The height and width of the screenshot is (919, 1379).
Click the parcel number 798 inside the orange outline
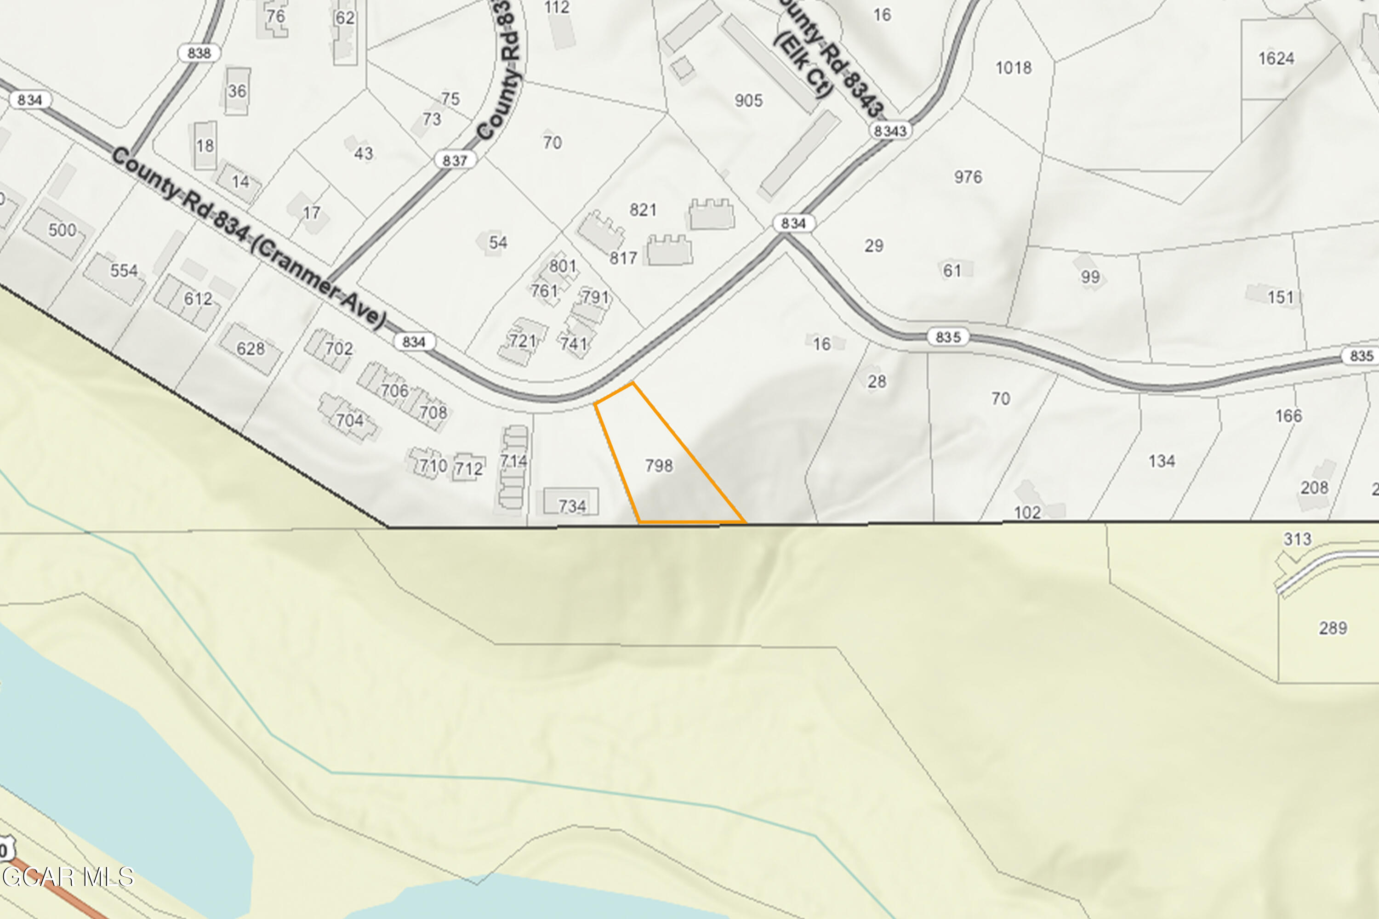click(659, 466)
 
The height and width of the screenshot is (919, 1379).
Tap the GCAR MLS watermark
click(68, 877)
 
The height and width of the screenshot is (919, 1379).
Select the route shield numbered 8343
click(890, 130)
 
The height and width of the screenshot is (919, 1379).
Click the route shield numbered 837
click(455, 160)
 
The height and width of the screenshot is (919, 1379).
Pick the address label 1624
click(1276, 59)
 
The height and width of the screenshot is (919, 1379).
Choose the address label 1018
click(1013, 68)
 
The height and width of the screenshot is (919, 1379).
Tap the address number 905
click(749, 101)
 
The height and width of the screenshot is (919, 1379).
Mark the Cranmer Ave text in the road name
click(319, 285)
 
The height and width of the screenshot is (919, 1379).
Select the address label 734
click(572, 506)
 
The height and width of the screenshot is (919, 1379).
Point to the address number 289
click(1333, 628)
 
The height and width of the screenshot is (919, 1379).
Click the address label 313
click(1297, 539)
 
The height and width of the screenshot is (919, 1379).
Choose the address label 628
click(251, 349)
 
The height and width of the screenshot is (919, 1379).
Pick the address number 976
click(968, 177)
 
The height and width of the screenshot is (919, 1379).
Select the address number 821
click(643, 210)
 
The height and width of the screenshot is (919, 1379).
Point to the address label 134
click(1162, 461)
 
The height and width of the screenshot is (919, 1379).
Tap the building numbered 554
click(124, 271)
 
